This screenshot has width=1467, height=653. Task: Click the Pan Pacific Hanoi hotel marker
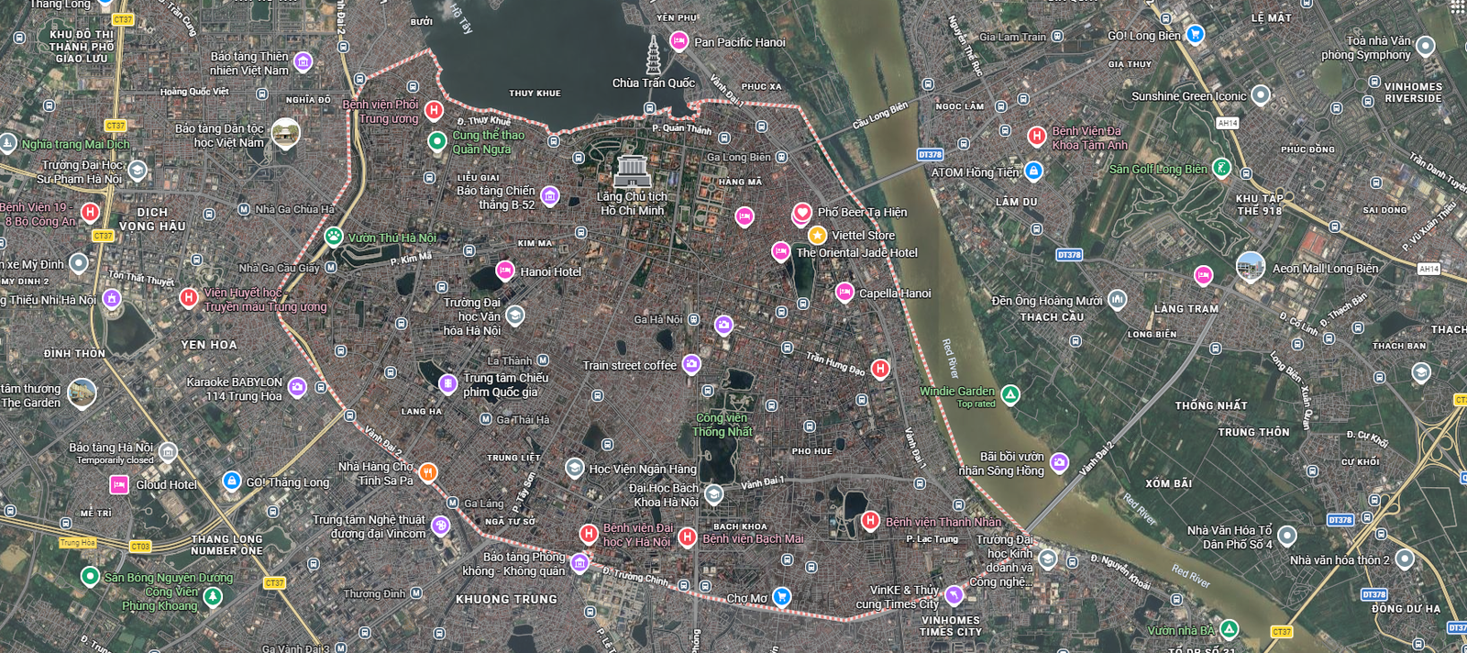point(678,40)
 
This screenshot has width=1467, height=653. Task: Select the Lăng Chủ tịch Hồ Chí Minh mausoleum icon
point(632,171)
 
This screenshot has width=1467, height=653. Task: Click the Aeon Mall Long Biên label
point(1325,269)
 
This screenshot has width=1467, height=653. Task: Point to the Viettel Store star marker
point(817,236)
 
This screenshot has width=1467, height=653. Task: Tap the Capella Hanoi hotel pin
point(844,293)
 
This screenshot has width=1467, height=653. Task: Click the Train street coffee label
point(629,365)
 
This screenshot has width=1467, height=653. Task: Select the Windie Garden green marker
point(1009,394)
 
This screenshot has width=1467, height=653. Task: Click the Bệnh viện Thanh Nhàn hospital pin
point(870,521)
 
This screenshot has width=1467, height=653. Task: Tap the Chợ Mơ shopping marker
point(781,597)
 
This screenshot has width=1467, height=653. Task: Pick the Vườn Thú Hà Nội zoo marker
point(334,237)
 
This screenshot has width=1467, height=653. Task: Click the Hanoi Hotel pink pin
point(504,271)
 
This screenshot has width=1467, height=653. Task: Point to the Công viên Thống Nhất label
point(722,425)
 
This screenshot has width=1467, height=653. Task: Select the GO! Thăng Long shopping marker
point(231,481)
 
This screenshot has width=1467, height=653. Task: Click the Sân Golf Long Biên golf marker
point(1221,168)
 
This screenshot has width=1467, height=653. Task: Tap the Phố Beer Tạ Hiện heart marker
point(801,213)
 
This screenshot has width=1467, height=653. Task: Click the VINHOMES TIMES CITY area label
point(950,626)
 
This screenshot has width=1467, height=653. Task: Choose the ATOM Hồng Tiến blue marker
point(1033,171)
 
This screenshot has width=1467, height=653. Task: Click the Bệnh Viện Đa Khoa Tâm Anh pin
point(1036,137)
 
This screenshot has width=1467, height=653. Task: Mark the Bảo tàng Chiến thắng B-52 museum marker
point(549,195)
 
